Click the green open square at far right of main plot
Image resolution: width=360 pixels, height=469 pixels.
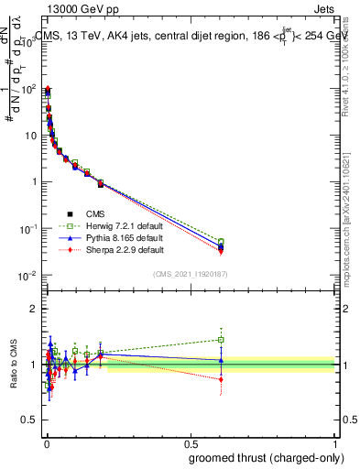click(220, 242)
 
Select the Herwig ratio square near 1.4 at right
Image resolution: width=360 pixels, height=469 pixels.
click(220, 340)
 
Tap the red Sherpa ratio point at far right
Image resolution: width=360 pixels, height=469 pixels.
click(220, 379)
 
